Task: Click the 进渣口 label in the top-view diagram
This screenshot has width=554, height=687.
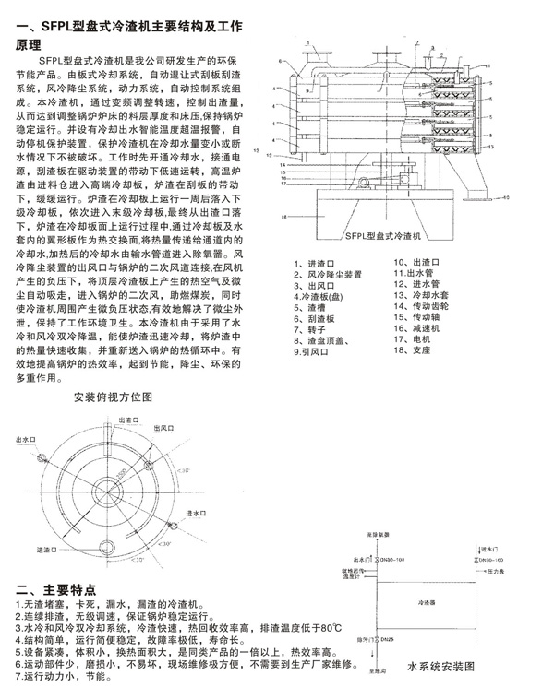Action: point(48,550)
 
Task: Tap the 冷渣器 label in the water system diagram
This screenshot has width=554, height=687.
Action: point(426,598)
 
